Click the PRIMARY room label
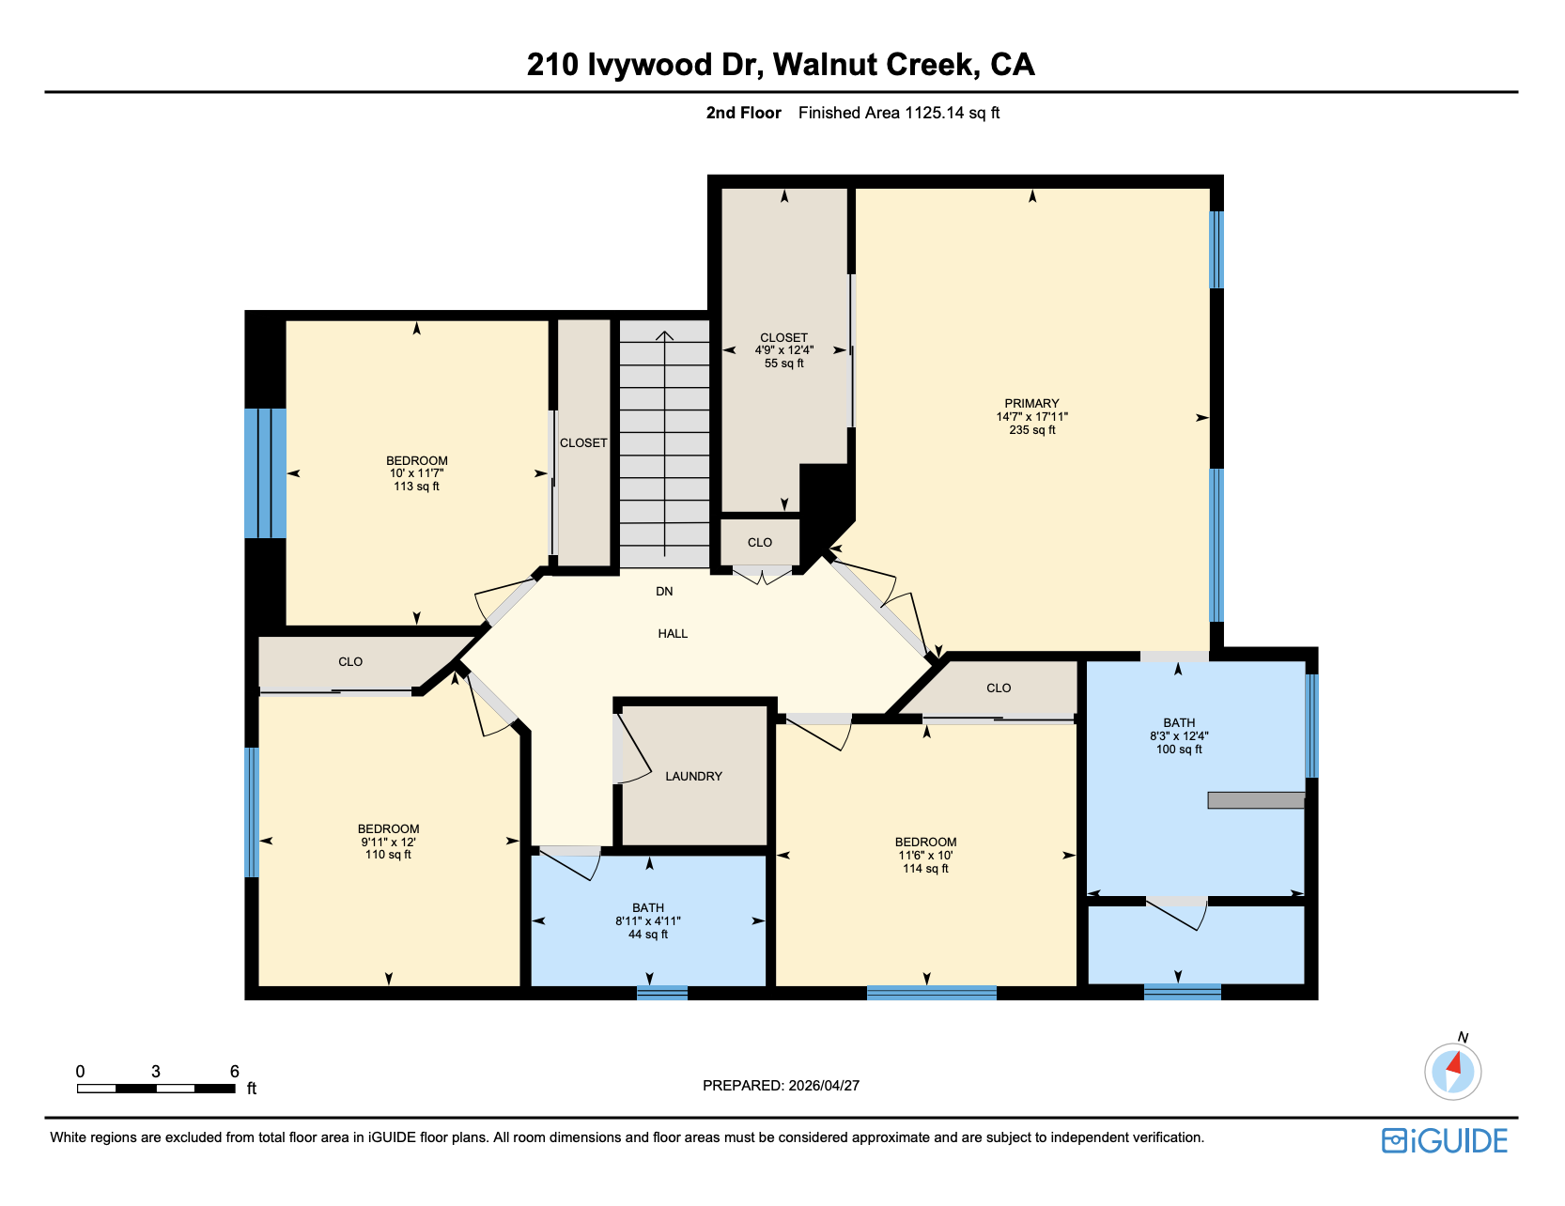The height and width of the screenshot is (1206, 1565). [x=1031, y=403]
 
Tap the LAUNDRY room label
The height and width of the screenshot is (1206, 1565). [x=693, y=776]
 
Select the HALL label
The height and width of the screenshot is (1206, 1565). [x=673, y=634]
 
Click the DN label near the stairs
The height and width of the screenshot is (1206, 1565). [x=664, y=592]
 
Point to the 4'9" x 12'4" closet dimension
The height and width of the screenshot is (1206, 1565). [x=783, y=350]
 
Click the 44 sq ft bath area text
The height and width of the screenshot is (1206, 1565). [x=648, y=935]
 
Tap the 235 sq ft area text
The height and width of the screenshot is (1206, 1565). [x=1031, y=430]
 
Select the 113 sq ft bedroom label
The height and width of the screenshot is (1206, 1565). [x=416, y=487]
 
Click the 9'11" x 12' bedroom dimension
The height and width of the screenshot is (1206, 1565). [x=388, y=842]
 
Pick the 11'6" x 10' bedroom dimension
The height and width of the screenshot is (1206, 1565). [x=925, y=856]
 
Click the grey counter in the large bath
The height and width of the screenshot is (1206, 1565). [x=1255, y=800]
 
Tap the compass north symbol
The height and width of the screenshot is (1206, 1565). [x=1453, y=1070]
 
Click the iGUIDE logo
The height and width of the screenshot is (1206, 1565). [x=1445, y=1140]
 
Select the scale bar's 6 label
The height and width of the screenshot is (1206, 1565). [x=235, y=1072]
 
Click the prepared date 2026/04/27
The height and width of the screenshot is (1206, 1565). [x=824, y=1086]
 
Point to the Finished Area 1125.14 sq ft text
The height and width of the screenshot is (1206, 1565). [x=898, y=113]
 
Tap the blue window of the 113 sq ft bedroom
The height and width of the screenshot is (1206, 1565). [x=265, y=473]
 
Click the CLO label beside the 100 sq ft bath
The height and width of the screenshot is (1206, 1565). [x=999, y=688]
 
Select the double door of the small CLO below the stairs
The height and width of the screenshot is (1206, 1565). [x=763, y=574]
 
